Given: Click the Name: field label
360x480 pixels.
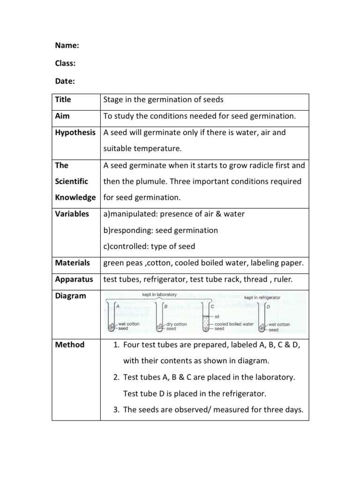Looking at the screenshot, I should pos(67,45).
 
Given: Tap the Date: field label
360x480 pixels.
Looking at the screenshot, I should pos(66,81).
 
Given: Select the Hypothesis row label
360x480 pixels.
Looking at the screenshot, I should pos(75,133).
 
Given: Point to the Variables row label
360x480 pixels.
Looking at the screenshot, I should pos(72,214).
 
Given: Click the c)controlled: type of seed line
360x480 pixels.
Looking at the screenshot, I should pos(149,247).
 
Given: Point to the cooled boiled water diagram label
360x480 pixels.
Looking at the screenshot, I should pos(234,324).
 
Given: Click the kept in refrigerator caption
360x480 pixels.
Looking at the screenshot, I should pos(262,297).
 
